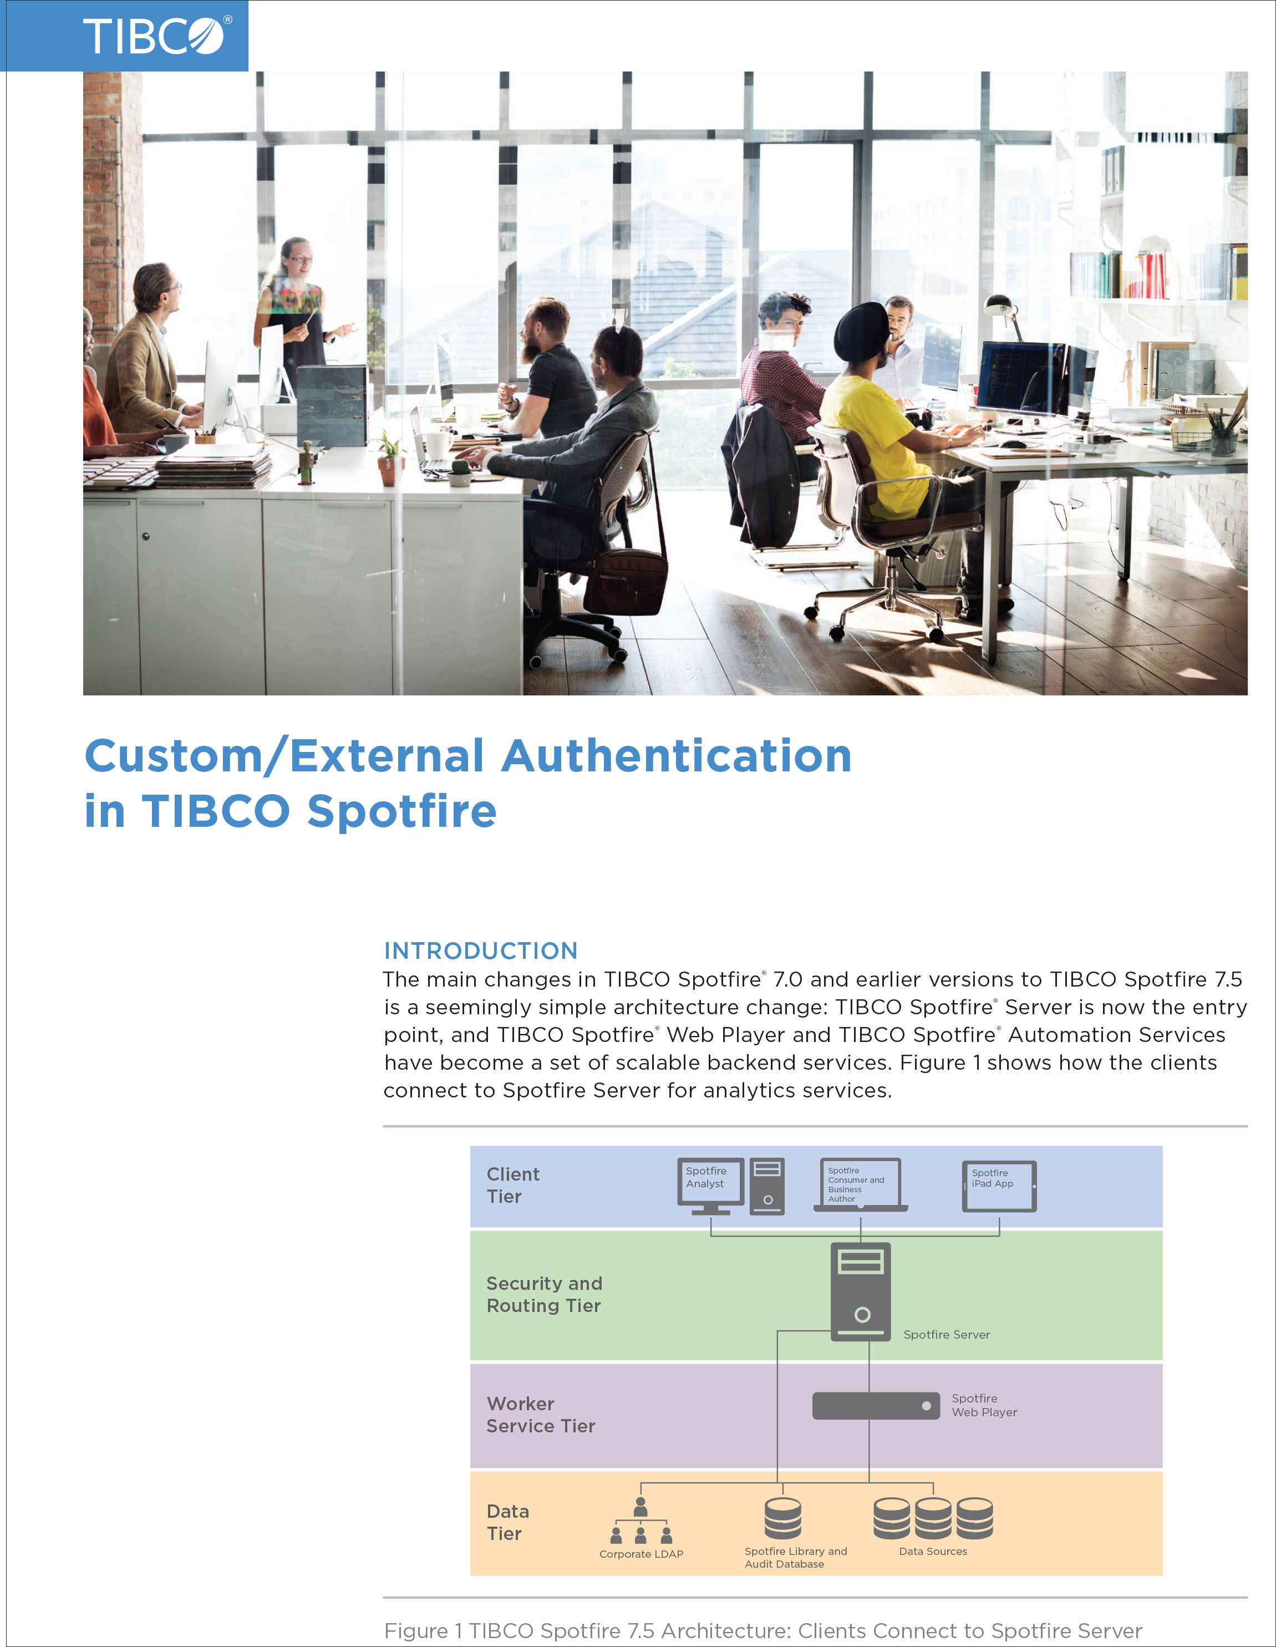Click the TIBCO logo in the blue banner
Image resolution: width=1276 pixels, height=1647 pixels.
pos(156,35)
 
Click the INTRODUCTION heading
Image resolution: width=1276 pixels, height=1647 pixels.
pos(481,950)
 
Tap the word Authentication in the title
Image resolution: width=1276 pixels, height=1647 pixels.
pos(677,756)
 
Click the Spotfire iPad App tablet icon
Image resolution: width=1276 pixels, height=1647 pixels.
pos(999,1186)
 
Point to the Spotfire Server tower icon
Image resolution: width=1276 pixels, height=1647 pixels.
pos(861,1292)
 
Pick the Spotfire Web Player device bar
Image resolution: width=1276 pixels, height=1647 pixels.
pos(876,1406)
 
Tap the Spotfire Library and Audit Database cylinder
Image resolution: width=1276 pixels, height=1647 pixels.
pos(783,1518)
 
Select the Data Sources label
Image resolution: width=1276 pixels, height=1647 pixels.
pos(933,1551)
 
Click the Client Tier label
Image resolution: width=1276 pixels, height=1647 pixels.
pos(513,1186)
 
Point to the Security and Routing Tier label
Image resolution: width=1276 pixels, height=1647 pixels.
pos(545,1295)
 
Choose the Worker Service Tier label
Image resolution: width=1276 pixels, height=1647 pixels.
pos(541,1415)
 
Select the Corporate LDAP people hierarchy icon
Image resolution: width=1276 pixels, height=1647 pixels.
pos(641,1521)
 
